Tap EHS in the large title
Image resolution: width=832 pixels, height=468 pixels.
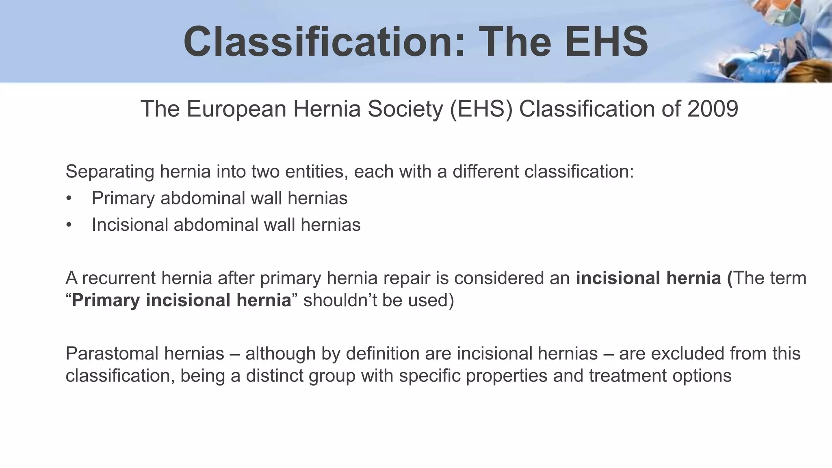[606, 42]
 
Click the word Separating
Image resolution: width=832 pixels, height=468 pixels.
[110, 171]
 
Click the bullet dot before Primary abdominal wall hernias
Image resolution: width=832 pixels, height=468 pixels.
[69, 199]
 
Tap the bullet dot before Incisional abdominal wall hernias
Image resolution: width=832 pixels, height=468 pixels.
[69, 225]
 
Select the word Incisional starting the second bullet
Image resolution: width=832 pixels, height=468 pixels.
[130, 225]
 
